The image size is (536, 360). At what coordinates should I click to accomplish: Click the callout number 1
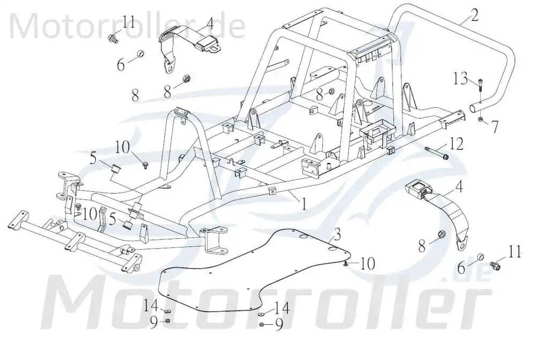click(x=303, y=204)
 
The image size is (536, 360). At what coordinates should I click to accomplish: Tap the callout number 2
click(x=474, y=14)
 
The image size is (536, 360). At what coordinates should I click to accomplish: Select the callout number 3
click(x=337, y=235)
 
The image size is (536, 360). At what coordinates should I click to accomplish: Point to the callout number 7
click(x=495, y=127)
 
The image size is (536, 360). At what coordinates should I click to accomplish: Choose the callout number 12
click(x=456, y=145)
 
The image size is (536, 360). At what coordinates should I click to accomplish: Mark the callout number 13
click(x=460, y=79)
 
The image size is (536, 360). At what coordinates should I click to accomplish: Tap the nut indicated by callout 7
click(x=480, y=119)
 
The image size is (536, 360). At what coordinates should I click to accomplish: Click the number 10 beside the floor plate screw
click(x=367, y=263)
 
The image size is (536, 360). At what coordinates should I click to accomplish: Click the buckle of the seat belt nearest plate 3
click(x=414, y=189)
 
